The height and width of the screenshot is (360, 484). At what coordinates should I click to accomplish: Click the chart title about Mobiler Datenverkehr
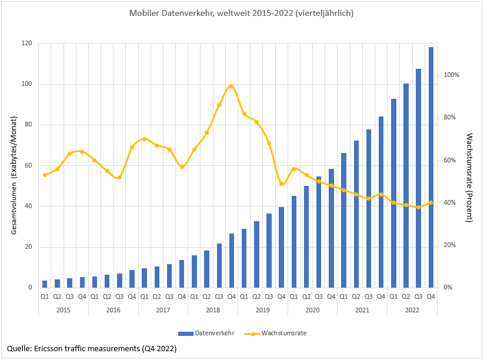tap(242, 12)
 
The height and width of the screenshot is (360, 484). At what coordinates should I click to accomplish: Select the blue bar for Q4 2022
tap(430, 168)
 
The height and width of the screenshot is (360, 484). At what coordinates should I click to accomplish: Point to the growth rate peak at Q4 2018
tap(231, 86)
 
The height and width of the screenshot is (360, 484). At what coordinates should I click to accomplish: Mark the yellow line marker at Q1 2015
tap(45, 175)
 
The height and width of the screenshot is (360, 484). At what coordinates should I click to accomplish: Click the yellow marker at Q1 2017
tap(144, 139)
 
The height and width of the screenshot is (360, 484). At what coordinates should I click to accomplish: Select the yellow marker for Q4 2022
tap(430, 202)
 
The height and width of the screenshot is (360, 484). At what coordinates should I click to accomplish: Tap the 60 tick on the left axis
tap(27, 165)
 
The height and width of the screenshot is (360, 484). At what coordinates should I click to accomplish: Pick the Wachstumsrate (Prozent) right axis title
tap(469, 178)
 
